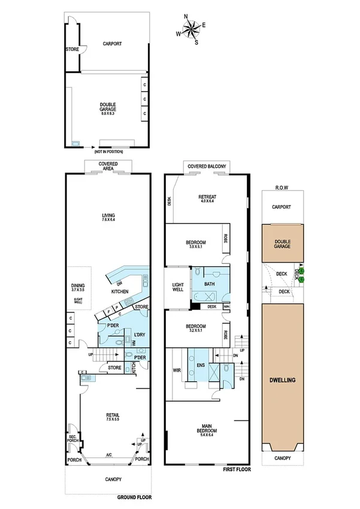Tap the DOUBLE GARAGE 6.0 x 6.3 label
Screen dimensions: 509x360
click(x=108, y=107)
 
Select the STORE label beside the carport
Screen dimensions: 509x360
click(x=72, y=50)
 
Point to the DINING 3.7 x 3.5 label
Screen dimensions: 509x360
click(x=77, y=289)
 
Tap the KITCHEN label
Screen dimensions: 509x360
click(x=120, y=291)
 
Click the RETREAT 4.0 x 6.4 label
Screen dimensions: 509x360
click(x=207, y=199)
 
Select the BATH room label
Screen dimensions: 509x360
click(x=209, y=284)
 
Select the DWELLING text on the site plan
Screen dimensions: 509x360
click(x=282, y=381)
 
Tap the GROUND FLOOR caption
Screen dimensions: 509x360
click(x=135, y=497)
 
